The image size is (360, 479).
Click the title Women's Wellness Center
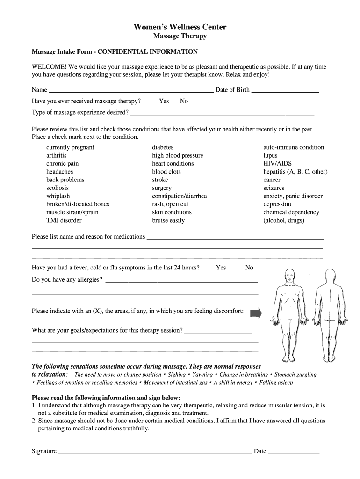[x=180, y=27]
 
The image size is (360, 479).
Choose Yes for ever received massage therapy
[x=164, y=101]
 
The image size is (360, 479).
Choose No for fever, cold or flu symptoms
[x=249, y=268]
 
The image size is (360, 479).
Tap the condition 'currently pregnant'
[x=70, y=147]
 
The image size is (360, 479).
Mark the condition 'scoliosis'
[x=57, y=188]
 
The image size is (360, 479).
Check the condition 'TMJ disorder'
[x=64, y=220]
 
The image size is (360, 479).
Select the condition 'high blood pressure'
[x=177, y=155]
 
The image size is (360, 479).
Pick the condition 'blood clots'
[x=166, y=172]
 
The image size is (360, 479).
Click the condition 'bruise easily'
[x=168, y=220]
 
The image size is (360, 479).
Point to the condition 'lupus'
[x=270, y=155]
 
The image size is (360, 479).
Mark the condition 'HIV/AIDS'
[x=277, y=164]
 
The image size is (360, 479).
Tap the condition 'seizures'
[x=274, y=188]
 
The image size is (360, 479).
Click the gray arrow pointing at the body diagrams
[x=256, y=313]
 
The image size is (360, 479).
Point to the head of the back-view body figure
[x=330, y=276]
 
